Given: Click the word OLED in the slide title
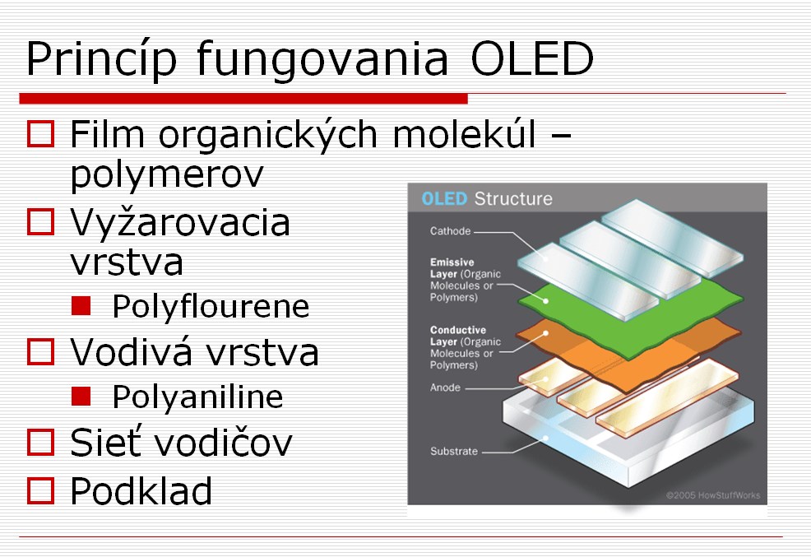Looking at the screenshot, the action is click(x=532, y=58).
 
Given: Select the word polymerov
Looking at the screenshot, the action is click(x=167, y=176).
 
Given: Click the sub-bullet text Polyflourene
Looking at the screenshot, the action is click(x=211, y=306).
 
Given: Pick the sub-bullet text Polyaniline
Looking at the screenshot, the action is click(x=198, y=397).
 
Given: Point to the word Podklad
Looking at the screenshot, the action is click(x=141, y=490).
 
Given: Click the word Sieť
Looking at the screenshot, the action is click(x=105, y=443).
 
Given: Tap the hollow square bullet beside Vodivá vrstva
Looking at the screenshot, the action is click(x=40, y=352).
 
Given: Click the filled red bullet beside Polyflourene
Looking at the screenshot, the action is click(x=81, y=306).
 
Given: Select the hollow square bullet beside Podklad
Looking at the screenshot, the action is click(x=40, y=491).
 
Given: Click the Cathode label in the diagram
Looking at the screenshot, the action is click(x=450, y=231).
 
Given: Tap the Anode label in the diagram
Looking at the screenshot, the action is click(x=445, y=388).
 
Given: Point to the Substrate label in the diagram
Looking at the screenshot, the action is click(x=454, y=451).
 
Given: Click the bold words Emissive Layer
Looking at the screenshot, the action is click(x=452, y=268).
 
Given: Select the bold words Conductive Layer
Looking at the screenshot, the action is click(x=458, y=336).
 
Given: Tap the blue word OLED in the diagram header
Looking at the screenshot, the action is click(x=444, y=198).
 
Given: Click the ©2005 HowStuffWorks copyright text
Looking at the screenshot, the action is click(x=713, y=495).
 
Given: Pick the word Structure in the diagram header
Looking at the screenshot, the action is click(x=513, y=198).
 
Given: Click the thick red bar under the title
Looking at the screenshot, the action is click(x=243, y=99).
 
